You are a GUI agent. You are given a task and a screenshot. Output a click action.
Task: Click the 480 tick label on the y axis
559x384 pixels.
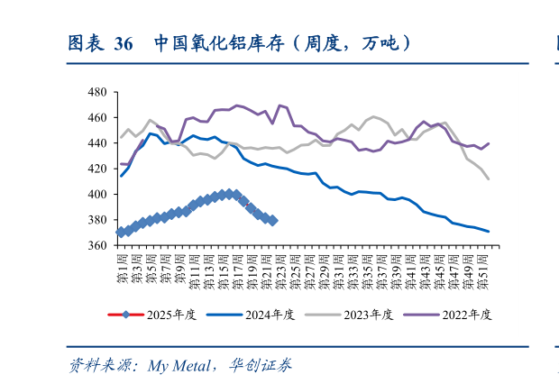pyautogui.click(x=97, y=92)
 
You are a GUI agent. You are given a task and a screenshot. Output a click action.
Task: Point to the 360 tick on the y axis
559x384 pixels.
pyautogui.click(x=97, y=245)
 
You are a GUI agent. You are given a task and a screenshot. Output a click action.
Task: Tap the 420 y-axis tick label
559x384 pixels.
pyautogui.click(x=97, y=169)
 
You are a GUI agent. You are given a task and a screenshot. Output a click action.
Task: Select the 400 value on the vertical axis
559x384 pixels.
pyautogui.click(x=97, y=194)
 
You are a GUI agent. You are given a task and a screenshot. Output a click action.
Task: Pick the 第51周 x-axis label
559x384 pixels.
pyautogui.click(x=482, y=269)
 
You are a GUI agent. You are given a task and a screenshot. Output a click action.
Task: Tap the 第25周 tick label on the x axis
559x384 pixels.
pyautogui.click(x=295, y=269)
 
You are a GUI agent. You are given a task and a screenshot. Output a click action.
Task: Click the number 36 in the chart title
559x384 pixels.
pyautogui.click(x=124, y=43)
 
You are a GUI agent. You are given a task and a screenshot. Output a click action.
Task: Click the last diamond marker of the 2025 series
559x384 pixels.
pyautogui.click(x=272, y=220)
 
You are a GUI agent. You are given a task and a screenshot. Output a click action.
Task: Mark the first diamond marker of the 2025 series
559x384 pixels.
pyautogui.click(x=121, y=233)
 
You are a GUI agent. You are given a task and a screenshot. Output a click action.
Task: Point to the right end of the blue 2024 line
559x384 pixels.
pyautogui.click(x=489, y=232)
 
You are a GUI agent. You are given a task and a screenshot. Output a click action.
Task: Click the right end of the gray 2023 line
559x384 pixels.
pyautogui.click(x=489, y=179)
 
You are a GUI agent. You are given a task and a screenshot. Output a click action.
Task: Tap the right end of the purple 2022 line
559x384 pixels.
pyautogui.click(x=489, y=143)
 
